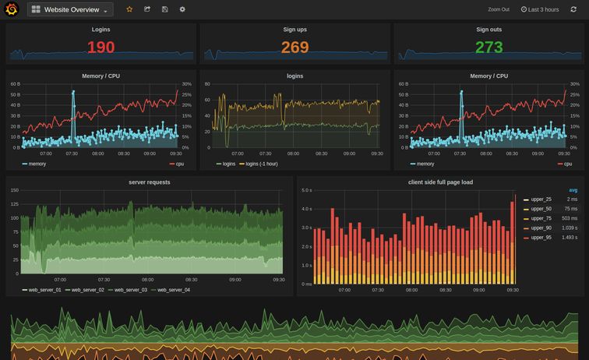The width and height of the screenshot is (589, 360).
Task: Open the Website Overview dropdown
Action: pos(71,9)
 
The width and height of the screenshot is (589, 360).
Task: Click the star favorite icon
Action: pos(129,9)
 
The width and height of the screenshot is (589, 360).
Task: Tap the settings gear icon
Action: pos(182,9)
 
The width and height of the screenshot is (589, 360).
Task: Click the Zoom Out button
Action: pos(499,9)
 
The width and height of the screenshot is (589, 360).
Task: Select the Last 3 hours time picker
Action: pos(540,9)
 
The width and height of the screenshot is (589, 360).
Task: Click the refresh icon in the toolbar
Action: pos(573,9)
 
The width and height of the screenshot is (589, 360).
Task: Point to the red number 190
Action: pos(101,48)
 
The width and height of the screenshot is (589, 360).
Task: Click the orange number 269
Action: pos(294,48)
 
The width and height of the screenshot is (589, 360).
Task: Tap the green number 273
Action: pos(488,48)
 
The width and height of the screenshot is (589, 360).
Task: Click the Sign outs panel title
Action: pos(488,30)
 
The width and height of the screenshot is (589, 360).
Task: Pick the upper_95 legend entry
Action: pos(541,237)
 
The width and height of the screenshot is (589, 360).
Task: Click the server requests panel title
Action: pos(149,182)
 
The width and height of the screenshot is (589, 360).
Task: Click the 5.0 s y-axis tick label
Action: pos(306,190)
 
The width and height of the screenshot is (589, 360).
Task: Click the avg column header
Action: pos(573,190)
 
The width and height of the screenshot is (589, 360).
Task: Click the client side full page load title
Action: pos(440,182)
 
